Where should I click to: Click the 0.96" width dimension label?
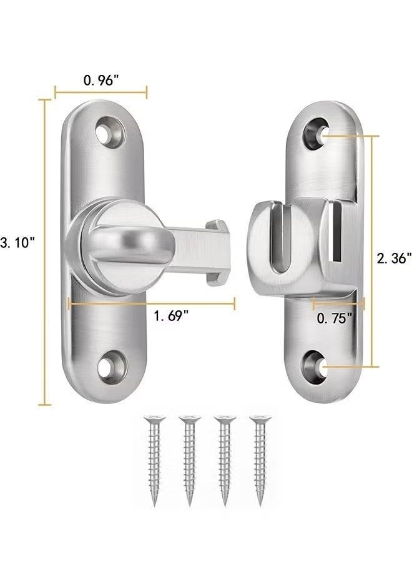click(x=101, y=81)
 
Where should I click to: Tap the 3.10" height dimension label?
click(x=17, y=243)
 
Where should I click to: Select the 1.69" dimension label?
click(x=171, y=316)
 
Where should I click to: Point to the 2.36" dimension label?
click(x=394, y=258)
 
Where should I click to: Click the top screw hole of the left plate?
click(x=109, y=132)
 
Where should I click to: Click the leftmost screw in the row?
click(x=154, y=461)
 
